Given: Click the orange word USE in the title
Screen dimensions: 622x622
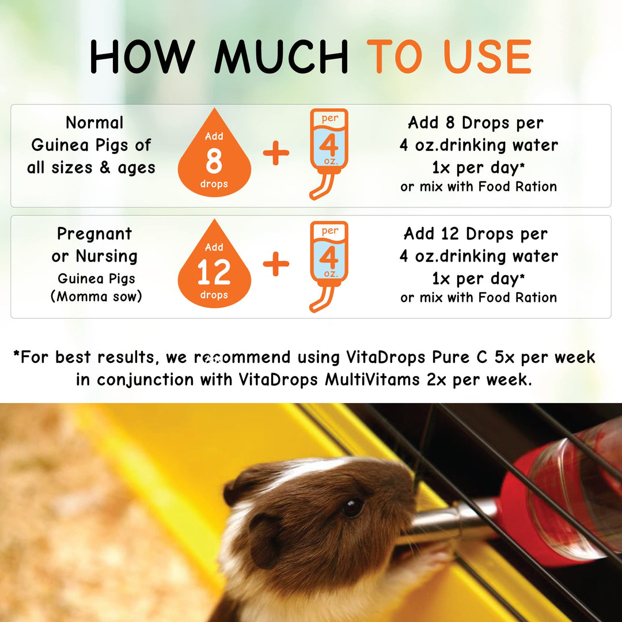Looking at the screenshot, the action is (x=489, y=56).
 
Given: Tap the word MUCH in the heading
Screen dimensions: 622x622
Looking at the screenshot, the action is (x=282, y=56).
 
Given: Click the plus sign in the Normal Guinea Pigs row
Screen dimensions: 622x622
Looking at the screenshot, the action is (x=276, y=153).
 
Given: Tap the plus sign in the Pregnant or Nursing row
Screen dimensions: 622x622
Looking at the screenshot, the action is (x=276, y=264).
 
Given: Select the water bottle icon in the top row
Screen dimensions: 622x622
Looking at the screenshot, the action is (x=328, y=154).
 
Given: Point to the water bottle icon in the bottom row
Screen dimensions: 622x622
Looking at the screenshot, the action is (x=328, y=266).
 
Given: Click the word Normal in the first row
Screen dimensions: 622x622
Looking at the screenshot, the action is (x=95, y=123).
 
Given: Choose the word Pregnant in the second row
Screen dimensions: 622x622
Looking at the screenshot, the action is (x=94, y=234).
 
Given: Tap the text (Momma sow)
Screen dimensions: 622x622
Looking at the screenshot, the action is (x=96, y=296).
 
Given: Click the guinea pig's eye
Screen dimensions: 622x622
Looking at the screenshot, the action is (x=352, y=507).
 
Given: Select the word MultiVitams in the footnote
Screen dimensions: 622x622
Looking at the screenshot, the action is (x=373, y=380).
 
